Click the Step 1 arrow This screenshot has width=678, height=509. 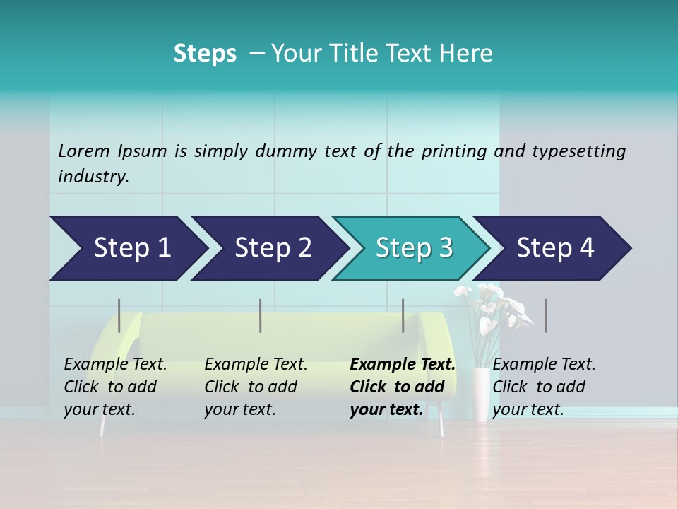[x=127, y=248]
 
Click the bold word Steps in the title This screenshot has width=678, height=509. [x=205, y=54]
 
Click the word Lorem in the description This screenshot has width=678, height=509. [x=83, y=151]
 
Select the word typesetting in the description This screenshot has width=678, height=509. [x=578, y=151]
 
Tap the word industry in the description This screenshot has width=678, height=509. [x=93, y=176]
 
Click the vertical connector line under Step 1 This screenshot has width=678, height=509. [x=119, y=315]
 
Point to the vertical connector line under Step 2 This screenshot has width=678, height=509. [x=261, y=315]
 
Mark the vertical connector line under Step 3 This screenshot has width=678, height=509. [x=403, y=315]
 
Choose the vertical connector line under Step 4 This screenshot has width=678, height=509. [x=545, y=315]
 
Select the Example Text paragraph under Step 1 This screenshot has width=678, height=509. [x=115, y=387]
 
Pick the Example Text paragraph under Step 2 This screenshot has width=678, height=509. [x=256, y=387]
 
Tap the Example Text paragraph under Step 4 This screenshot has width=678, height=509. [x=544, y=387]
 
